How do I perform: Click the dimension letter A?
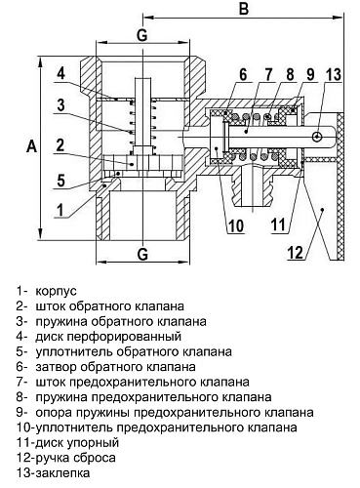coord(30,145)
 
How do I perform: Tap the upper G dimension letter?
coord(141,35)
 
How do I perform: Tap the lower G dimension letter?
coord(141,256)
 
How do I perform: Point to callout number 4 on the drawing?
coord(60,74)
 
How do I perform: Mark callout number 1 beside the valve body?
coord(60,207)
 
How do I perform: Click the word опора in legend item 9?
coord(54,412)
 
